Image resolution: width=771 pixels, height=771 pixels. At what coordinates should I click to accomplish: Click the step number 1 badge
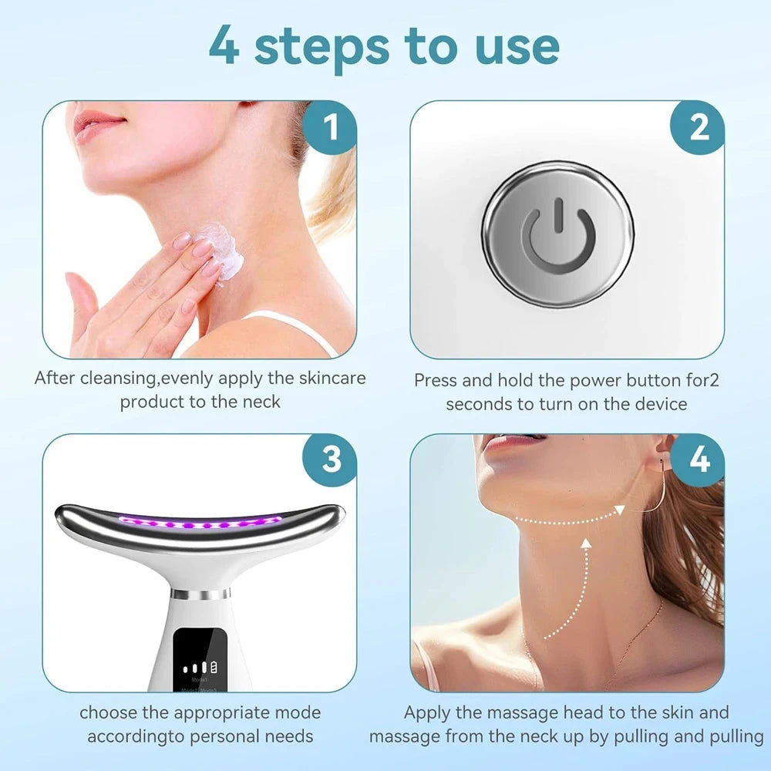tap(330, 128)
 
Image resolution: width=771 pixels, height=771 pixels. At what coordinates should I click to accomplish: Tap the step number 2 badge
tap(699, 128)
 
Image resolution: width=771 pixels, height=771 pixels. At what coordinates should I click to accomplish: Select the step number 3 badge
tap(330, 460)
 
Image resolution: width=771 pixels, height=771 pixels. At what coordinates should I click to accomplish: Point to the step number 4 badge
tap(699, 460)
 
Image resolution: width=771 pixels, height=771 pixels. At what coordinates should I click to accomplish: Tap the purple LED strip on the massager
tap(200, 524)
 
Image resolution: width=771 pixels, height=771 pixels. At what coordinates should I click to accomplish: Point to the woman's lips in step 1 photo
tap(99, 123)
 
